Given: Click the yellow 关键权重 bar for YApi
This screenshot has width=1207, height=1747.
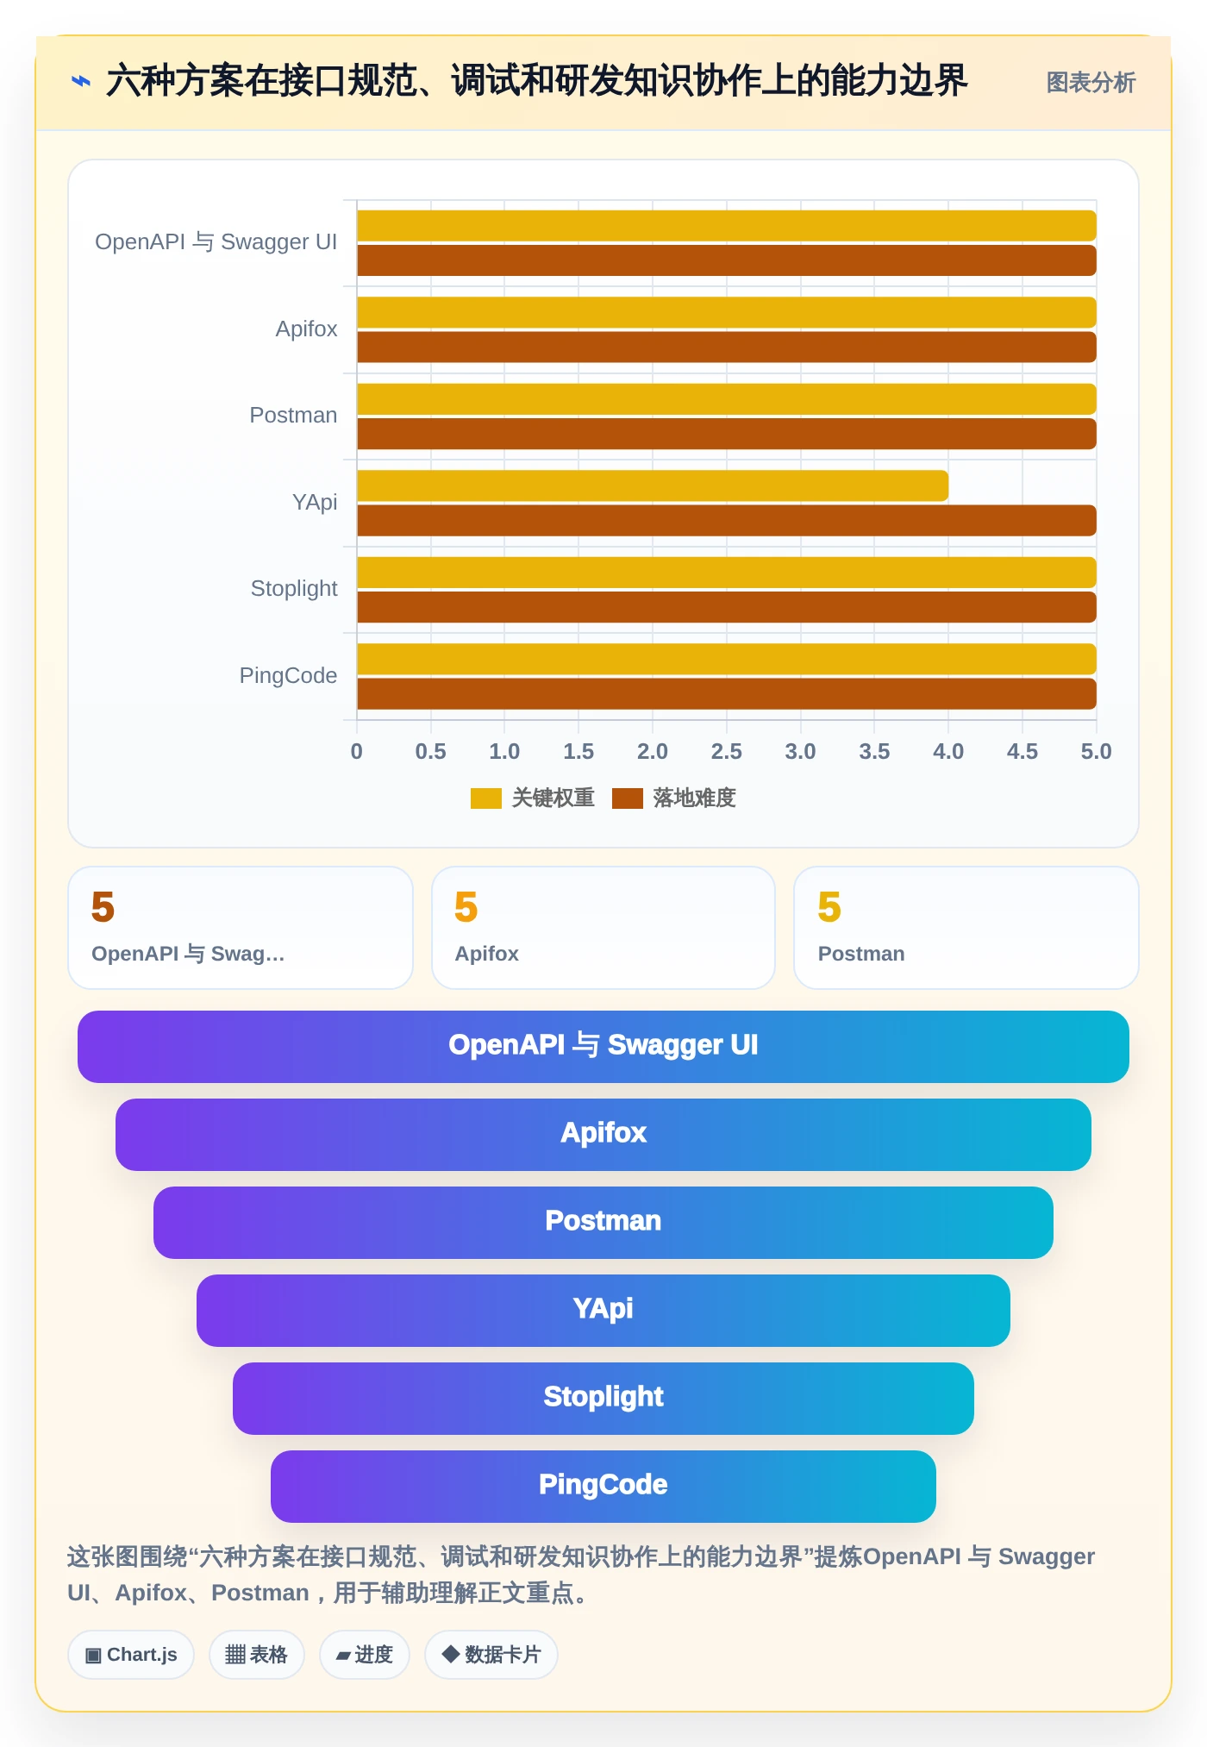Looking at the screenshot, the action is [x=653, y=485].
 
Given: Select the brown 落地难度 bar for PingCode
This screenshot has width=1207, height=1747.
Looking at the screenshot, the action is [x=727, y=694].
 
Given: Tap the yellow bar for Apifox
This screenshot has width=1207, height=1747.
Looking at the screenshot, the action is [x=727, y=312].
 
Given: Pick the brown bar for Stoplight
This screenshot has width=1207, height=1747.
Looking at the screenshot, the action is [x=727, y=607].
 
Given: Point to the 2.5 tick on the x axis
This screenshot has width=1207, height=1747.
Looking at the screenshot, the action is [x=726, y=751].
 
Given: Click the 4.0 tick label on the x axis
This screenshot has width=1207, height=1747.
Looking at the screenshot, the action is [x=948, y=751].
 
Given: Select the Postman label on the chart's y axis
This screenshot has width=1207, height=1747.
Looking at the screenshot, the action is [x=293, y=416].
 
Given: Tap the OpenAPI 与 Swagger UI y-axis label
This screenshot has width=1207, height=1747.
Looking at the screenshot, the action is [x=216, y=242].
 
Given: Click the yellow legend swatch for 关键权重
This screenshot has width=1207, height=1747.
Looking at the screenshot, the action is [x=486, y=798].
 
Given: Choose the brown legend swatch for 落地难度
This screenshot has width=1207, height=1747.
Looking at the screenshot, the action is [x=628, y=798].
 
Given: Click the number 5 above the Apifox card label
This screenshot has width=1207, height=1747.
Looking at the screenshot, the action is [x=466, y=907].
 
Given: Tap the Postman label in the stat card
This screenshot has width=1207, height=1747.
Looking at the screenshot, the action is [x=861, y=954].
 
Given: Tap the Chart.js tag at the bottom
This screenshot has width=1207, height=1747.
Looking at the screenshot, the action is [x=131, y=1655].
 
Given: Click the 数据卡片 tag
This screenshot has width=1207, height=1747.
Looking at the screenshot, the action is [x=491, y=1655].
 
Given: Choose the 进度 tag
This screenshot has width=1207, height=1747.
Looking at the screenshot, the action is [x=365, y=1655].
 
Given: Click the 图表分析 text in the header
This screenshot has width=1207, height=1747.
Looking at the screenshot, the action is [x=1091, y=83].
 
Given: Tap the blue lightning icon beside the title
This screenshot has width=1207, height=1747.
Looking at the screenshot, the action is [x=81, y=82].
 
